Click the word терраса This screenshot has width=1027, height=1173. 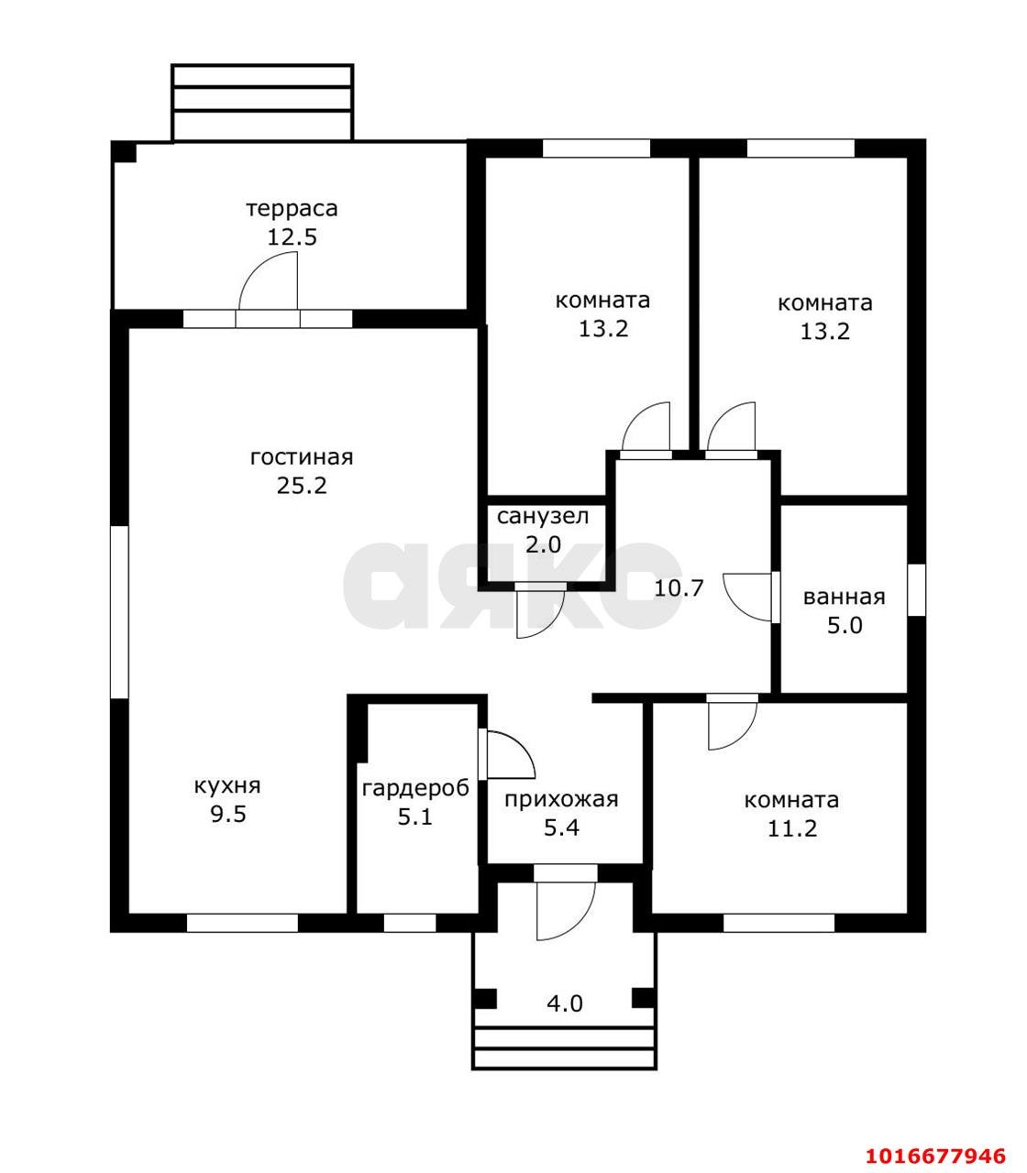click(292, 209)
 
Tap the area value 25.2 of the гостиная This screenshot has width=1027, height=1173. click(302, 486)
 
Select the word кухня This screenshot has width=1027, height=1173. click(227, 787)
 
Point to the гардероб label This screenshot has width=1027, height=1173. click(415, 789)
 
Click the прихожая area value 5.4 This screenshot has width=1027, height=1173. click(561, 828)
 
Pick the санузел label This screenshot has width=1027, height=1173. click(543, 517)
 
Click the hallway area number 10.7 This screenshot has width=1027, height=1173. click(679, 588)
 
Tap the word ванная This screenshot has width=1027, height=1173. click(844, 597)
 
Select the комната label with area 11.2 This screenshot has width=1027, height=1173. click(791, 800)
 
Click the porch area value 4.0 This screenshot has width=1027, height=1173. click(565, 1003)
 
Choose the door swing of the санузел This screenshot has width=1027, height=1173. click(549, 625)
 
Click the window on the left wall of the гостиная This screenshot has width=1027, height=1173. click(119, 612)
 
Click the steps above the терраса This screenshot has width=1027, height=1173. click(263, 102)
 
